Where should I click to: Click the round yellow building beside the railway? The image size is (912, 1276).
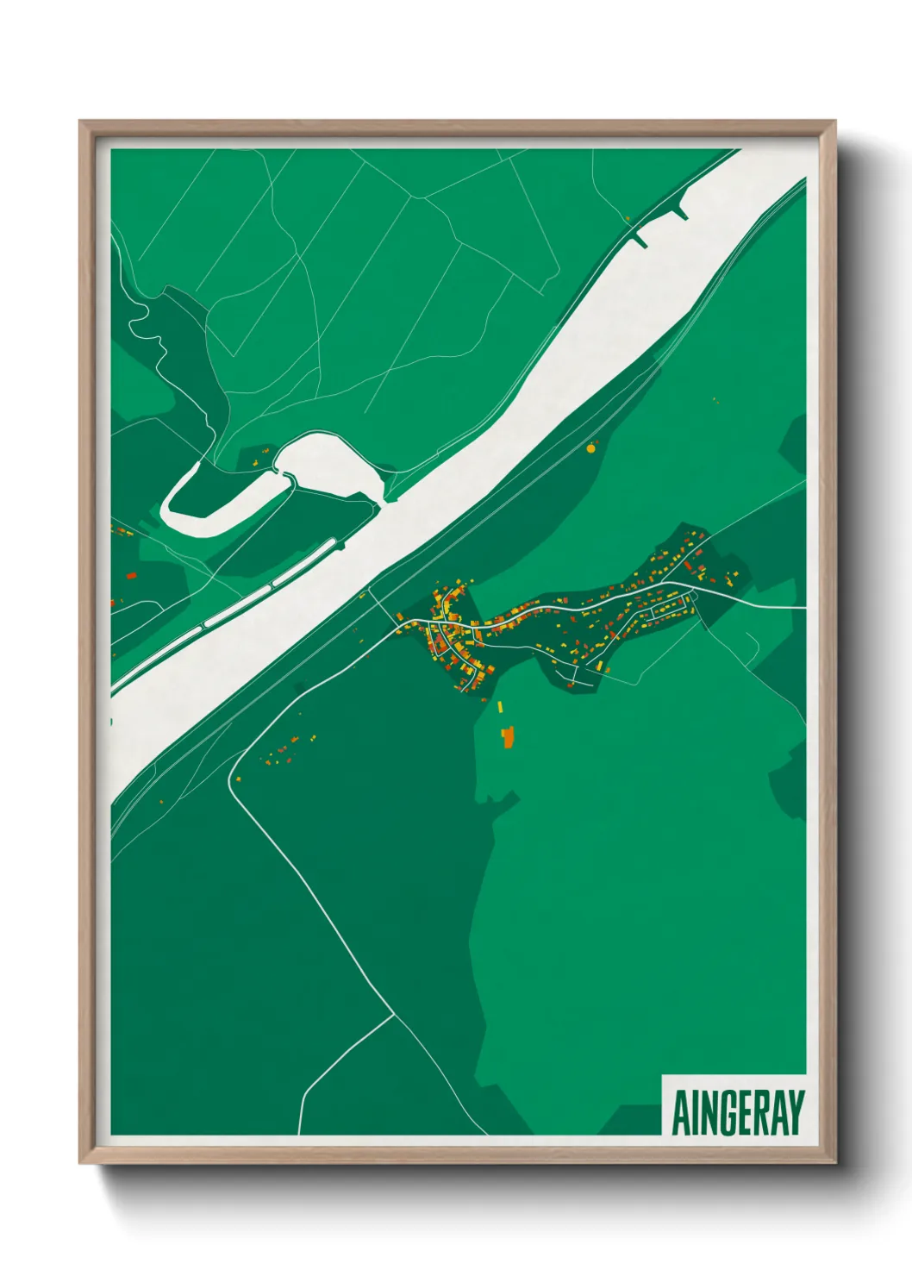point(591,448)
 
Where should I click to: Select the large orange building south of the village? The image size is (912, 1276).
point(508,736)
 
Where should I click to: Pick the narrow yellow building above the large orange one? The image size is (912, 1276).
point(500,707)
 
